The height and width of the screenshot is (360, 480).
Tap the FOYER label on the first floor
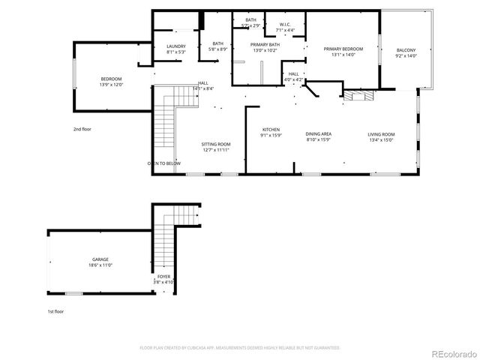(x=163, y=277)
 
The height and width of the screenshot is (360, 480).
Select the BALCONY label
(x=406, y=50)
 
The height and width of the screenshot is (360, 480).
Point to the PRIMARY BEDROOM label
(x=343, y=49)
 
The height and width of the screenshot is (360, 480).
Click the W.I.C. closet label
(x=285, y=24)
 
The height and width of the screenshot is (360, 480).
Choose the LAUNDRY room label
(x=175, y=46)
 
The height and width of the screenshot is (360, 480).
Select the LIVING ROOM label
(x=381, y=134)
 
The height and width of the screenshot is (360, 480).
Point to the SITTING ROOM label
(x=216, y=144)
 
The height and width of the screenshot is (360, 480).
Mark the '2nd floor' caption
(x=82, y=129)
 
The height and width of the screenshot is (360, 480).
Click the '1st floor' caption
(x=55, y=311)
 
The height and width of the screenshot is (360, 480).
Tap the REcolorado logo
(x=451, y=353)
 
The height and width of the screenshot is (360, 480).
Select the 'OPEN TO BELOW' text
(x=163, y=163)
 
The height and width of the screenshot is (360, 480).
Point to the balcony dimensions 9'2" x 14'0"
(x=406, y=56)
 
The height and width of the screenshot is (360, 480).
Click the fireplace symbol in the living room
(x=358, y=96)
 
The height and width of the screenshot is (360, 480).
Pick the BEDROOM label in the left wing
(x=111, y=79)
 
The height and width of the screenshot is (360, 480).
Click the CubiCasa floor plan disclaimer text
(x=240, y=347)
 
